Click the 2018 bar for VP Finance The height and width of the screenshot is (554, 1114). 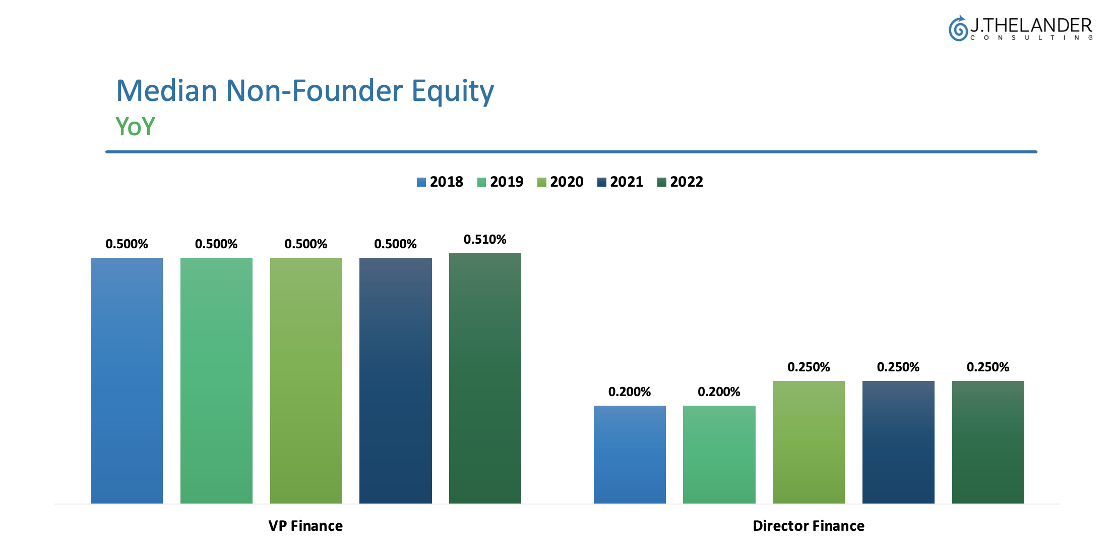(x=127, y=380)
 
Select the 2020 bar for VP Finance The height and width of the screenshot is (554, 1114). (x=306, y=380)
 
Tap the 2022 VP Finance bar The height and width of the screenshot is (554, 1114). (x=485, y=378)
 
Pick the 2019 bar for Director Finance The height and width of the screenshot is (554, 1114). (x=719, y=454)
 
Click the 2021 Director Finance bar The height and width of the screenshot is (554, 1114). (x=898, y=442)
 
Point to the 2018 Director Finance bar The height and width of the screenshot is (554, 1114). (x=630, y=454)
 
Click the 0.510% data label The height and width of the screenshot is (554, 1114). (x=485, y=239)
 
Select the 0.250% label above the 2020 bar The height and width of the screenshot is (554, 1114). (x=809, y=367)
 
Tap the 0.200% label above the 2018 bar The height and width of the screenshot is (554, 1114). (x=630, y=392)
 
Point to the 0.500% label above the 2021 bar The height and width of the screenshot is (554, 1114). (x=395, y=244)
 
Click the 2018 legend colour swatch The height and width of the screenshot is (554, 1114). (x=421, y=182)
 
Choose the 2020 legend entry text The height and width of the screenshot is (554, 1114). (x=567, y=182)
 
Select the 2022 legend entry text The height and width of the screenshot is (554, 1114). (x=687, y=182)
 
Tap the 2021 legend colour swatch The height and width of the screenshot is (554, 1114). (x=602, y=182)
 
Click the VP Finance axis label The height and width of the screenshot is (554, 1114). (x=305, y=526)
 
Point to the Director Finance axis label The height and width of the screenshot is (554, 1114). (x=809, y=526)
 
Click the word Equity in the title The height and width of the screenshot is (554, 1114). (x=453, y=91)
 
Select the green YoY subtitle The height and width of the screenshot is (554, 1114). (x=135, y=126)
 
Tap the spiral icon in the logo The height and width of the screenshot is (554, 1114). (x=958, y=28)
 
